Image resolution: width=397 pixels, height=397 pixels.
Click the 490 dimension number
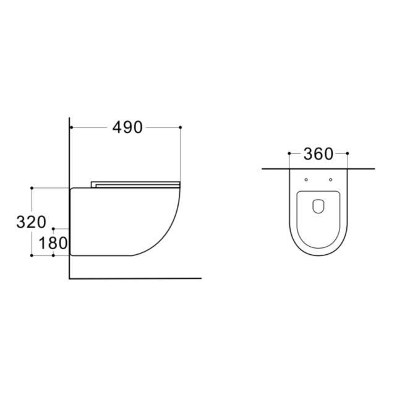pyautogui.click(x=127, y=127)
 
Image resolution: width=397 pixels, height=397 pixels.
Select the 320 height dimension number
pyautogui.click(x=32, y=221)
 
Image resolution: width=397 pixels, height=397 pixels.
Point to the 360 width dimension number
pyautogui.click(x=318, y=153)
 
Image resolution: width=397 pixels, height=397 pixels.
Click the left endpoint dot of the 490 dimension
pyautogui.click(x=71, y=127)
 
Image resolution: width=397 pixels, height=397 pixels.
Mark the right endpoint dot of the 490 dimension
pyautogui.click(x=180, y=127)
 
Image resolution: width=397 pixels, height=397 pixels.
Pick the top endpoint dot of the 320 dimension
pyautogui.click(x=32, y=187)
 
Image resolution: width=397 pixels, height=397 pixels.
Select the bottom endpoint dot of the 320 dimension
pyautogui.click(x=32, y=255)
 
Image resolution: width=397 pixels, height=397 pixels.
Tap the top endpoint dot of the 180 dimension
pyautogui.click(x=54, y=228)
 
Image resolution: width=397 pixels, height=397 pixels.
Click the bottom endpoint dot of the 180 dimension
pyautogui.click(x=54, y=255)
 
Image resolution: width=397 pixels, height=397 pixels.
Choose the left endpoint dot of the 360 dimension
pyautogui.click(x=289, y=153)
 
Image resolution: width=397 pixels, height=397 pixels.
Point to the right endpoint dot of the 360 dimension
pyautogui.click(x=347, y=153)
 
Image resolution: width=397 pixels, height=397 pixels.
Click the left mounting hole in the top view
pyautogui.click(x=307, y=180)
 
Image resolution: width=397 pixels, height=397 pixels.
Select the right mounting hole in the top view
pyautogui.click(x=330, y=180)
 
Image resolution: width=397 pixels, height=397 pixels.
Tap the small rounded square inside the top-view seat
pyautogui.click(x=318, y=206)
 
